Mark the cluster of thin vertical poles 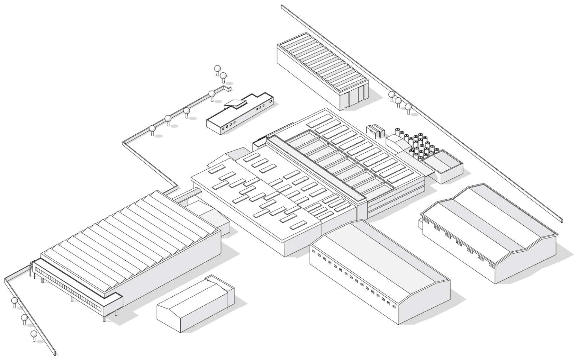click(x=420, y=145)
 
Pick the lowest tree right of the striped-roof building click(x=409, y=108)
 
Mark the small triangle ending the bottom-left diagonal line click(x=57, y=353)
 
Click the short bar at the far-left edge click(x=18, y=273)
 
